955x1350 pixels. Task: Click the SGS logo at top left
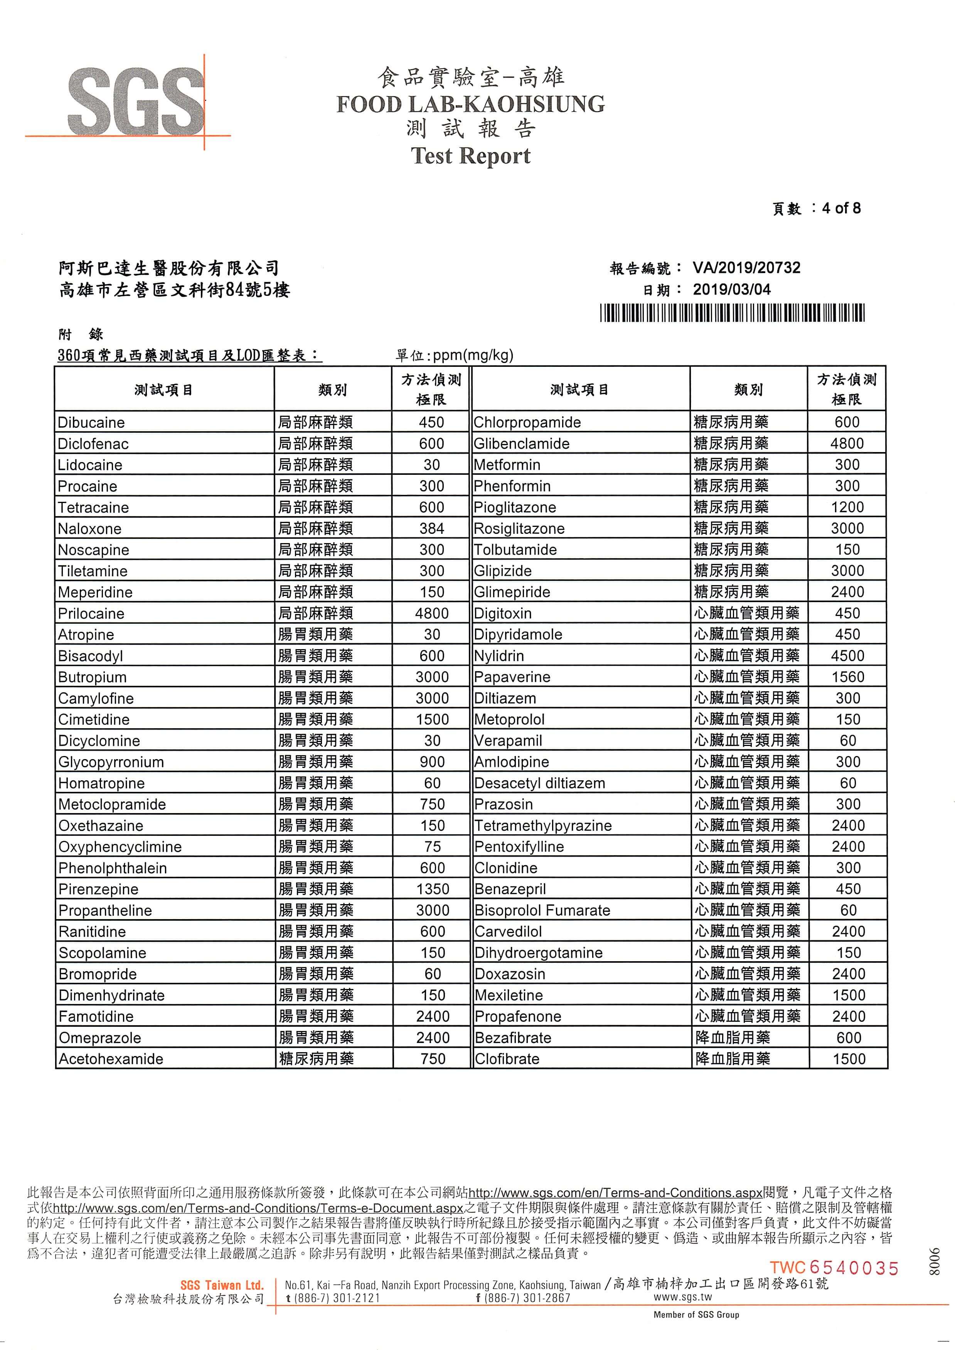point(136,101)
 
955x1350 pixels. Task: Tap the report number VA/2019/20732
point(746,268)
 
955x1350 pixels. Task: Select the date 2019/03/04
point(731,289)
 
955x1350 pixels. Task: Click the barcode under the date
point(732,312)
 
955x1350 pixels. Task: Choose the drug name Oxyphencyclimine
point(120,847)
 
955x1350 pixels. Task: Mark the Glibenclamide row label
point(522,444)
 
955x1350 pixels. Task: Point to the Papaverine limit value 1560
point(847,677)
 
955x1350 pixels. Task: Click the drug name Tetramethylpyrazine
point(543,826)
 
